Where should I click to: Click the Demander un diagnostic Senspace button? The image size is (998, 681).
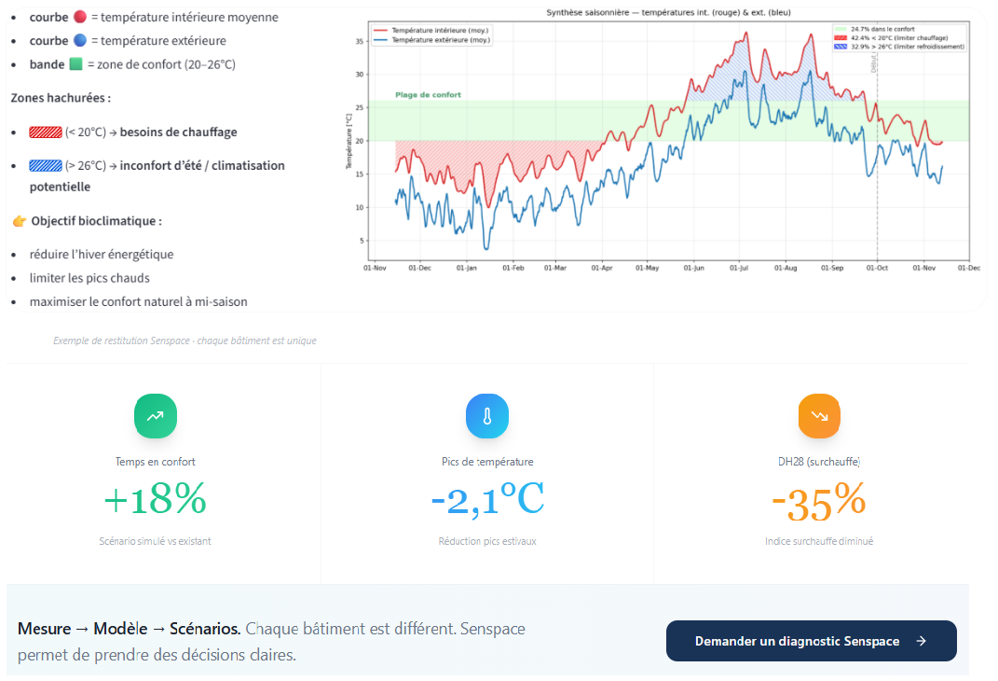(811, 641)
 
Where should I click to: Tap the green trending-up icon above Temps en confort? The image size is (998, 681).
(156, 416)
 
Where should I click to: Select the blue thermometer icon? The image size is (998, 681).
(486, 416)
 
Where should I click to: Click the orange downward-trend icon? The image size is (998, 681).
(819, 416)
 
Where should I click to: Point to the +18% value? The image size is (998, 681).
(155, 501)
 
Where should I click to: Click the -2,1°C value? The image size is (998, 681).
(487, 501)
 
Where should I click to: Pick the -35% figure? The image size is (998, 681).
(819, 503)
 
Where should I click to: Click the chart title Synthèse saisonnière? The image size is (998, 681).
(667, 12)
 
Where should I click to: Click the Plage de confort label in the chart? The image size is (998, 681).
(428, 95)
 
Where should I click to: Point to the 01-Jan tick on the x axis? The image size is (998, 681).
(465, 268)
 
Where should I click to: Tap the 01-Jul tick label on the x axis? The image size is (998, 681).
(739, 268)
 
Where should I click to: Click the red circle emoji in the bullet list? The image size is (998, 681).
(79, 18)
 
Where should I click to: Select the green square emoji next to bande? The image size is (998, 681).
(76, 64)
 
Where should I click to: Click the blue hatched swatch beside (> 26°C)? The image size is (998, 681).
(45, 166)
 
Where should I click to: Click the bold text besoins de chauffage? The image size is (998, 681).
(178, 132)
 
